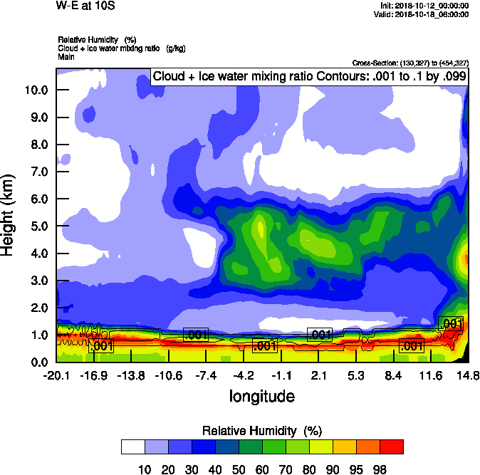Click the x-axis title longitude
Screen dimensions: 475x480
click(262, 396)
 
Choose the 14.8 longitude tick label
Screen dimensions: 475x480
click(468, 375)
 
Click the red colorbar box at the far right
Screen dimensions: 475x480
click(391, 447)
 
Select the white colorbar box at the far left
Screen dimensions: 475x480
click(133, 447)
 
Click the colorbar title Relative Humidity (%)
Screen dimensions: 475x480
click(263, 431)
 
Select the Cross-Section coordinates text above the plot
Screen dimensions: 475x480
click(410, 63)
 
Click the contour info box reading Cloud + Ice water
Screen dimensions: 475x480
click(309, 76)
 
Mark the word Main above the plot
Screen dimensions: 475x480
click(66, 56)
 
